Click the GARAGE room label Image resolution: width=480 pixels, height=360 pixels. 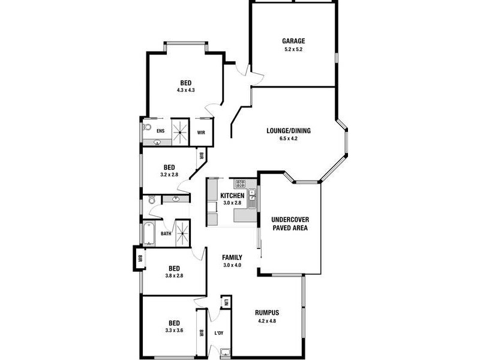click(x=294, y=41)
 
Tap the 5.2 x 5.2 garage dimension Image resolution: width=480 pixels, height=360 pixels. click(x=294, y=49)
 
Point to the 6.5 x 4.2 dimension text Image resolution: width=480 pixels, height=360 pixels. click(x=289, y=139)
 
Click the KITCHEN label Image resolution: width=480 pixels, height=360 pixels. click(x=232, y=196)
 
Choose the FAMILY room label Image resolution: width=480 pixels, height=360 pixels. click(x=232, y=257)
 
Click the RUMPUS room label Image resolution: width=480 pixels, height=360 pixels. click(x=267, y=313)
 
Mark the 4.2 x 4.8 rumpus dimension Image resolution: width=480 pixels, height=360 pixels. click(x=267, y=320)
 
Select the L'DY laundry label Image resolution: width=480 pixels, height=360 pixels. click(x=219, y=333)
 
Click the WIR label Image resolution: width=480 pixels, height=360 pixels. click(x=201, y=132)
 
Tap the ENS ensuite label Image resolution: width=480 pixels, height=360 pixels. click(x=160, y=131)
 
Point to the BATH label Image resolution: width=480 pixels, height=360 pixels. click(x=165, y=234)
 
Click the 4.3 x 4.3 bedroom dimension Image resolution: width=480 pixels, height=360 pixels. click(x=186, y=90)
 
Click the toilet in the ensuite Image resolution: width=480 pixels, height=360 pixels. click(x=147, y=127)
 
